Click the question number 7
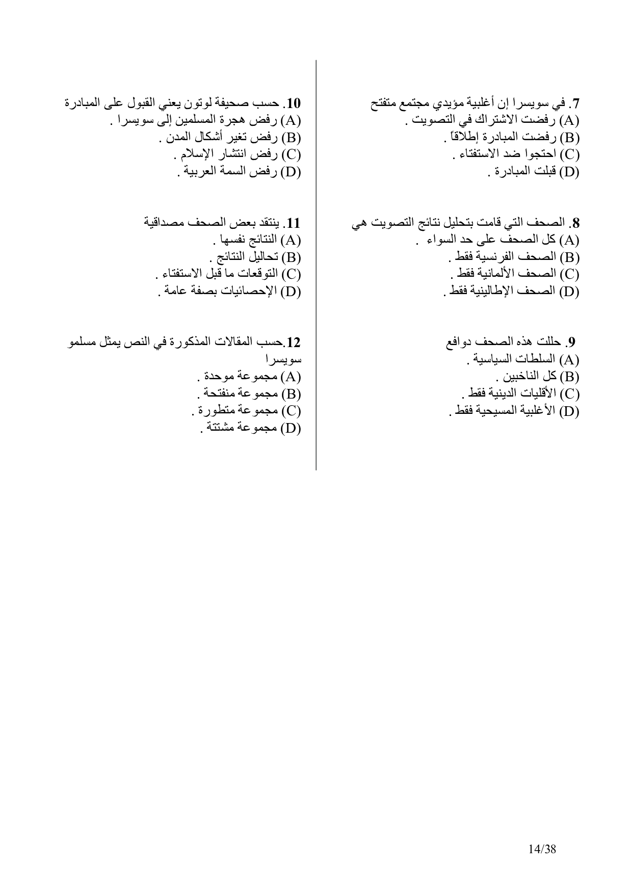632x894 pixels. click(x=575, y=104)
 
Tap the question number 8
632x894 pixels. click(x=575, y=223)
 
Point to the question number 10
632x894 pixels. click(x=294, y=104)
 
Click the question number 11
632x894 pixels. click(x=294, y=223)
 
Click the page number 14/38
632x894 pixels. click(x=542, y=850)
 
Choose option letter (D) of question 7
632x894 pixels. click(x=570, y=172)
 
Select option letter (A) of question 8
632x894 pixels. click(x=570, y=240)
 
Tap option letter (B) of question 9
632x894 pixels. click(x=570, y=377)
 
